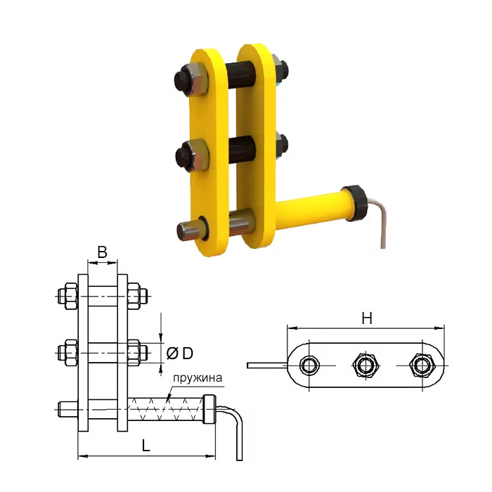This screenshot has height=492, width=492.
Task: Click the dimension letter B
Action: pyautogui.click(x=103, y=252)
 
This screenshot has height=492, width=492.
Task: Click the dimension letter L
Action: pyautogui.click(x=146, y=446)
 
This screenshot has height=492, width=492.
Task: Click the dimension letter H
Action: pyautogui.click(x=367, y=318)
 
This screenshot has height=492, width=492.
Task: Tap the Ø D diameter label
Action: pyautogui.click(x=180, y=354)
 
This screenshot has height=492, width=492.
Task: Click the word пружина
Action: pyautogui.click(x=198, y=378)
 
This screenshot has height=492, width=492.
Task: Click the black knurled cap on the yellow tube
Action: pyautogui.click(x=356, y=203)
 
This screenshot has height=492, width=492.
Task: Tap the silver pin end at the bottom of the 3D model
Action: pyautogui.click(x=188, y=231)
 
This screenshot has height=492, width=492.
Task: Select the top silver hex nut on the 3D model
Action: pyautogui.click(x=196, y=79)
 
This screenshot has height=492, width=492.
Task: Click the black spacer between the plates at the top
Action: pyautogui.click(x=241, y=75)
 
